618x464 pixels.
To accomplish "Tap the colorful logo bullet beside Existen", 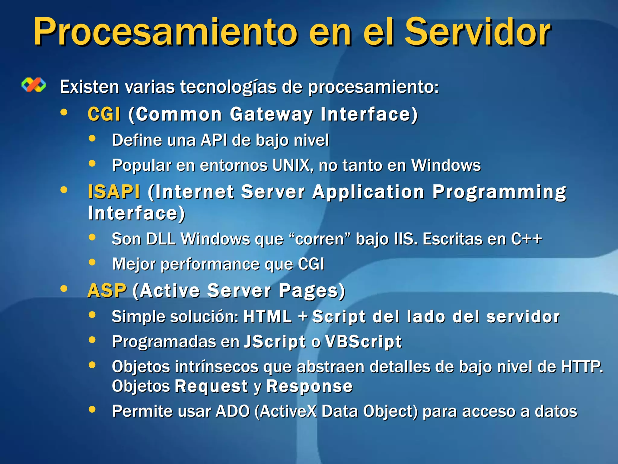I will point(34,85).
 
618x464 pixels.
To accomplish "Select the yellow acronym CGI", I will point(104,114).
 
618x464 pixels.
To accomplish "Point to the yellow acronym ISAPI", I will point(114,192).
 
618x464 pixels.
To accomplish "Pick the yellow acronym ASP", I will point(107,291).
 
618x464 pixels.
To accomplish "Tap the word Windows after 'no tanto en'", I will point(446,165).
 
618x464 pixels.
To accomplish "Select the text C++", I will point(526,239).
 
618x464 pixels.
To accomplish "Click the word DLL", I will point(161,239).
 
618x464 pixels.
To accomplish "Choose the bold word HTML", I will point(268,317).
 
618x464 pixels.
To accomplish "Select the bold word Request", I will point(212,386).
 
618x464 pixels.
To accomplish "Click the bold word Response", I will point(309,386).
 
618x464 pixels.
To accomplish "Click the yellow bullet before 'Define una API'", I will point(92,139).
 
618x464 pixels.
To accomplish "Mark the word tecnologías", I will point(228,87).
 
